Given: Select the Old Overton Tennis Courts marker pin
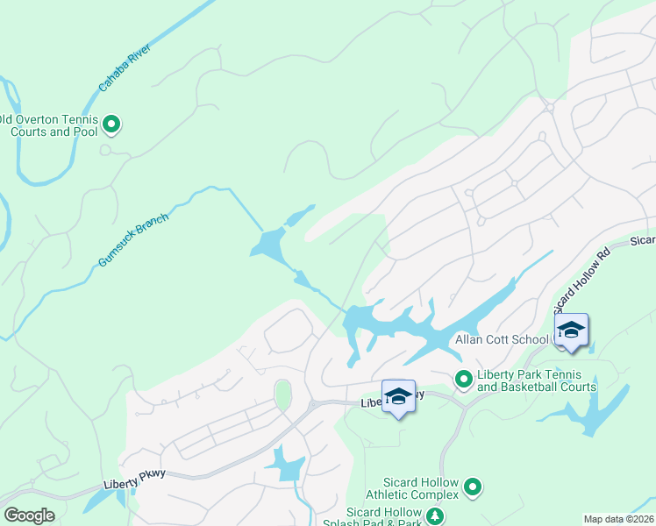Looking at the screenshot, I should pyautogui.click(x=111, y=125).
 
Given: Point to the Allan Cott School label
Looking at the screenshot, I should pyautogui.click(x=502, y=339).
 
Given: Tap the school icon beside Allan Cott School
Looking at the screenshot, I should pyautogui.click(x=571, y=331).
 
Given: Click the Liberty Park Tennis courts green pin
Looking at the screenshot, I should pyautogui.click(x=463, y=379).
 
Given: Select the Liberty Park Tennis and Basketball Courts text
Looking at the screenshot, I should pyautogui.click(x=536, y=380).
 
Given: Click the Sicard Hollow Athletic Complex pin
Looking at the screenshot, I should pyautogui.click(x=473, y=486).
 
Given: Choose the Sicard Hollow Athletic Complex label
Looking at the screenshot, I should pyautogui.click(x=421, y=488).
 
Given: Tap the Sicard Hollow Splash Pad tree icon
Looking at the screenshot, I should pyautogui.click(x=433, y=517).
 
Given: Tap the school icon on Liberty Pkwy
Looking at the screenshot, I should pyautogui.click(x=398, y=396).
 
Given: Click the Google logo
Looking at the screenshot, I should pyautogui.click(x=30, y=515).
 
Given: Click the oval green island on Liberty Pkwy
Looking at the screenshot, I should pyautogui.click(x=282, y=394).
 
